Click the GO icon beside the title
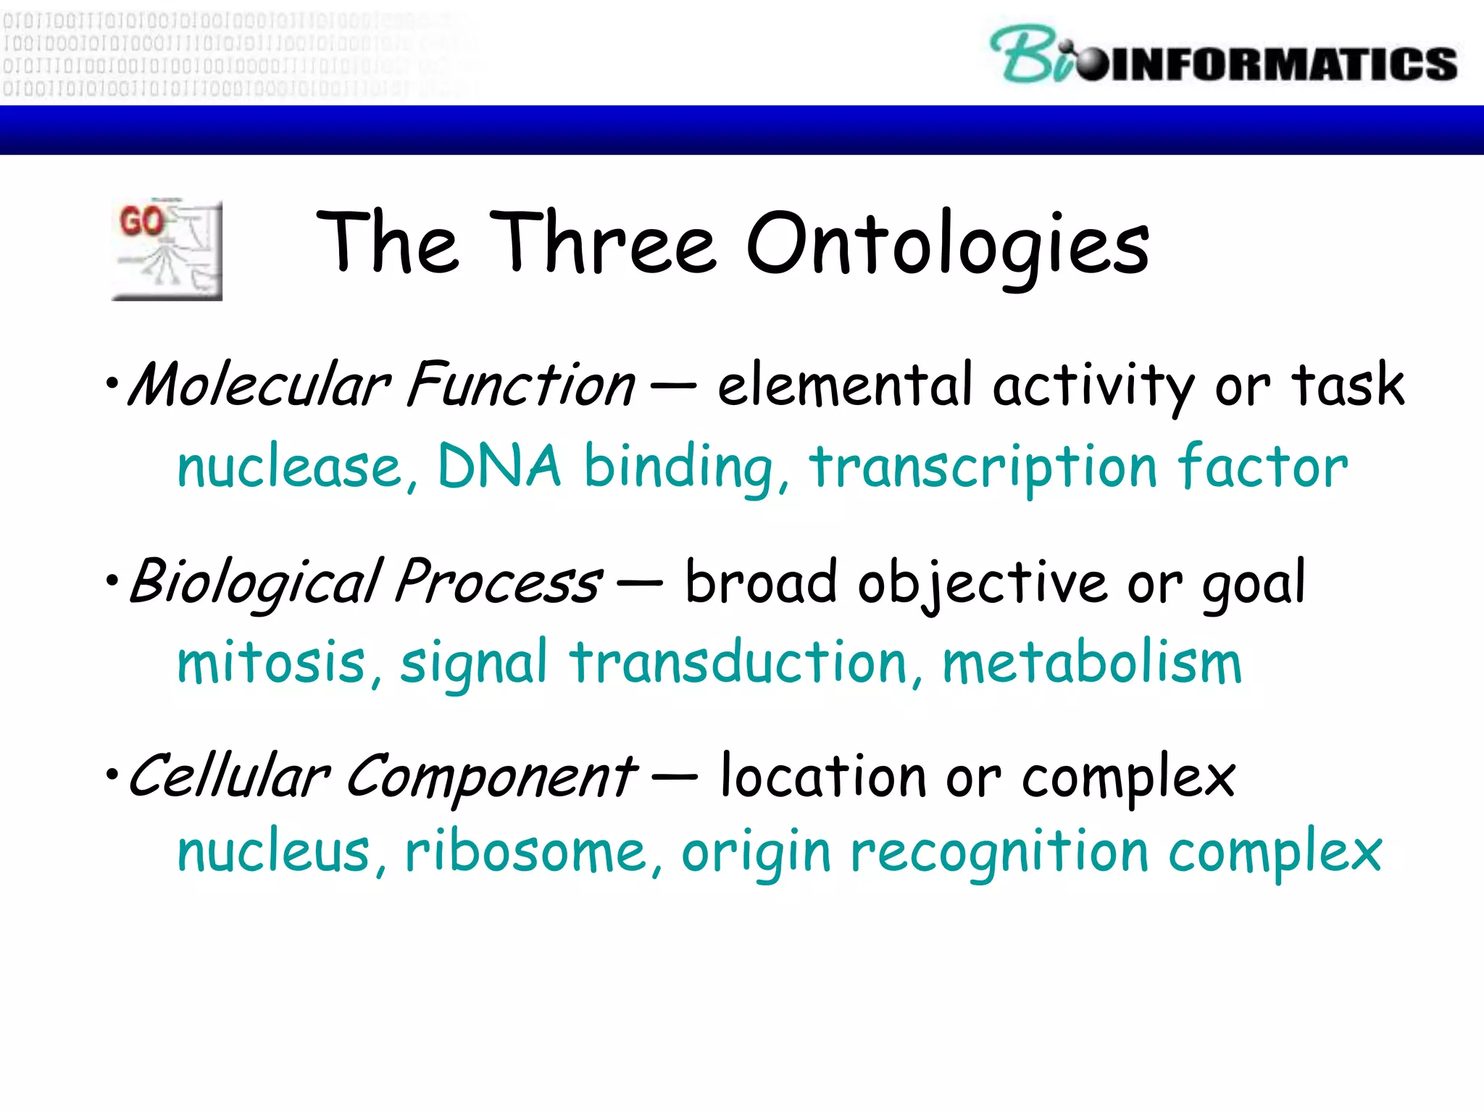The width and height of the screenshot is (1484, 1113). point(167,250)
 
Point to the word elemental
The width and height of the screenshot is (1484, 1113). point(844,385)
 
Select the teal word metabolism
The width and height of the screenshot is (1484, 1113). point(1092,663)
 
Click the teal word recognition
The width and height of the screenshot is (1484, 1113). point(999,852)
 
